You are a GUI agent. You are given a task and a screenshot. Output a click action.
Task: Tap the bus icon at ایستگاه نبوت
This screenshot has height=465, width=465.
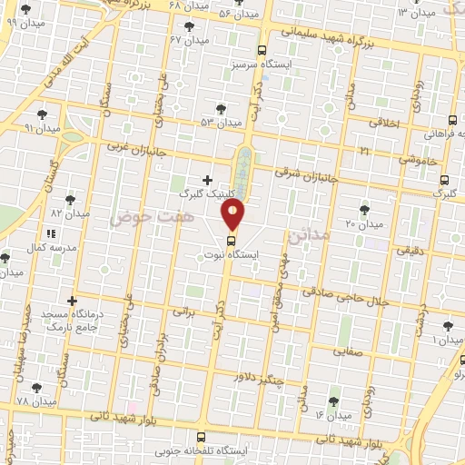pyautogui.click(x=232, y=241)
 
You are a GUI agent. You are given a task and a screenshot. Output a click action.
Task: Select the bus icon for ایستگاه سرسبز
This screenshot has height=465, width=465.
pyautogui.click(x=262, y=51)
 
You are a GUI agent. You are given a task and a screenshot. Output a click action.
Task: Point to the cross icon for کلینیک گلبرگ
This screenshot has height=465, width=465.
pyautogui.click(x=208, y=181)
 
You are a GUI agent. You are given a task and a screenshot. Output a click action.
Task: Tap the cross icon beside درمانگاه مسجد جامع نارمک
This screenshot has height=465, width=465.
pyautogui.click(x=73, y=300)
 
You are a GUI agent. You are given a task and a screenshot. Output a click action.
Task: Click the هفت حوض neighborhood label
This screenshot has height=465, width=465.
pyautogui.click(x=141, y=219)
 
